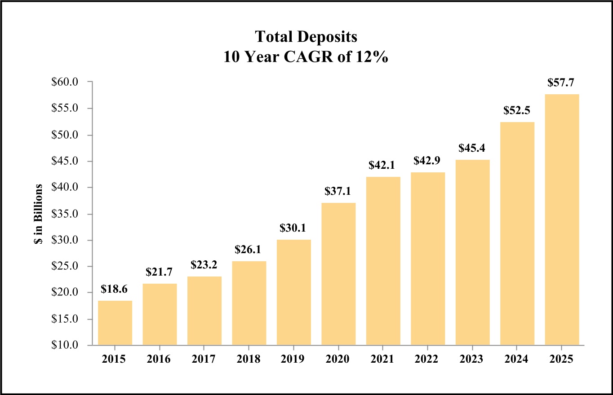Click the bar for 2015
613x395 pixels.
click(115, 323)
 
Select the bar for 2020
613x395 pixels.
click(338, 274)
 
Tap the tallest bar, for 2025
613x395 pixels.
click(562, 219)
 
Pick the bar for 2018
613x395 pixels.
click(249, 303)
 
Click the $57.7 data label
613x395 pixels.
click(562, 83)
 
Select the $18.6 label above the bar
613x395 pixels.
click(115, 289)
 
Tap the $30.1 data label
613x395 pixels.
click(293, 228)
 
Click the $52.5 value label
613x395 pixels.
click(517, 110)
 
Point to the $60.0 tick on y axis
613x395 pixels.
click(66, 82)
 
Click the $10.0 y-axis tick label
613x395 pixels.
click(66, 345)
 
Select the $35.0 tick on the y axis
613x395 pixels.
click(66, 214)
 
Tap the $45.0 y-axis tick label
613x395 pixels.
click(66, 161)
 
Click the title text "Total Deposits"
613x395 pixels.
click(306, 37)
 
